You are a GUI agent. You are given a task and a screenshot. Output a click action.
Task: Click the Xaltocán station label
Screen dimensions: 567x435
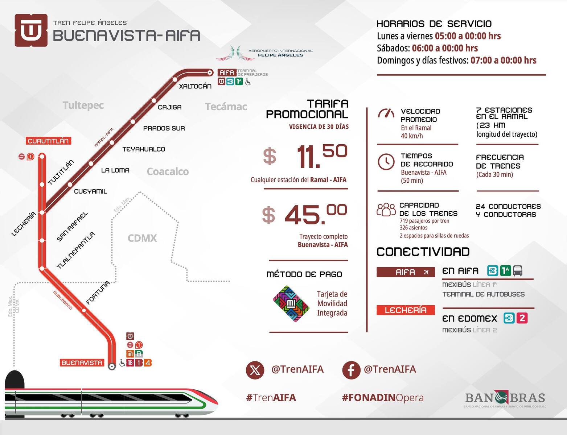(195, 86)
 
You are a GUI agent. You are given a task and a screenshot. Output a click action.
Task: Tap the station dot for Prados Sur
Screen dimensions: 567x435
(133, 121)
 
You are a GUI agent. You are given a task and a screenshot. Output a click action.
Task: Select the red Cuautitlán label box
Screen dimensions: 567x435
(49, 141)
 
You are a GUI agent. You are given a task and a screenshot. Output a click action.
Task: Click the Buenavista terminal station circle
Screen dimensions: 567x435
(112, 366)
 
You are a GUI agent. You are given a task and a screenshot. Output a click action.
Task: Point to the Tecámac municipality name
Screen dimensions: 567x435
(226, 107)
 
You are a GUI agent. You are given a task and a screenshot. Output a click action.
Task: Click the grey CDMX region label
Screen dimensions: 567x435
(142, 238)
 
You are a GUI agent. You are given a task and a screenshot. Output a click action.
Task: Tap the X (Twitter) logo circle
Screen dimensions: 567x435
(255, 370)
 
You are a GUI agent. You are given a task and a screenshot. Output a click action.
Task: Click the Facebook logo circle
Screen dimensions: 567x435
(351, 370)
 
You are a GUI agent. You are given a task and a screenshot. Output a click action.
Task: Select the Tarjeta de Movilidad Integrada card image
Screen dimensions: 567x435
(291, 304)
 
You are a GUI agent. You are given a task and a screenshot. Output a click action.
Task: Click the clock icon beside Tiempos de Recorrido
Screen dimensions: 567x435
(386, 162)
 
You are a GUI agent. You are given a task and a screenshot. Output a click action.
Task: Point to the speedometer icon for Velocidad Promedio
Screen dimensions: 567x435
(386, 113)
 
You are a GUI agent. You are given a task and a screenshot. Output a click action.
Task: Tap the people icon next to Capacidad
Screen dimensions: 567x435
(386, 210)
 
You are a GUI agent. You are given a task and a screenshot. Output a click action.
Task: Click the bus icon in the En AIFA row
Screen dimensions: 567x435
(518, 271)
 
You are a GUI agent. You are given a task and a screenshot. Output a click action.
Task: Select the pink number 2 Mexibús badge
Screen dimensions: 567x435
(522, 318)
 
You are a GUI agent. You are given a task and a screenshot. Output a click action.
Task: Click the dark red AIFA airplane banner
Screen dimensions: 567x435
(406, 272)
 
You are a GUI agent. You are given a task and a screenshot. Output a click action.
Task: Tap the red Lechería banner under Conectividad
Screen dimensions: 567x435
(406, 310)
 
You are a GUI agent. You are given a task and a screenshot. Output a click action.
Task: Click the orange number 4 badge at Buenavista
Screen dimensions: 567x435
(148, 362)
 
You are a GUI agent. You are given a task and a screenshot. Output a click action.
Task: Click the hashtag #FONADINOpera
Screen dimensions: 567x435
(383, 398)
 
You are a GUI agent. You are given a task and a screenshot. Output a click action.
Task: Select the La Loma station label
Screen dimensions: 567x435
(115, 170)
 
